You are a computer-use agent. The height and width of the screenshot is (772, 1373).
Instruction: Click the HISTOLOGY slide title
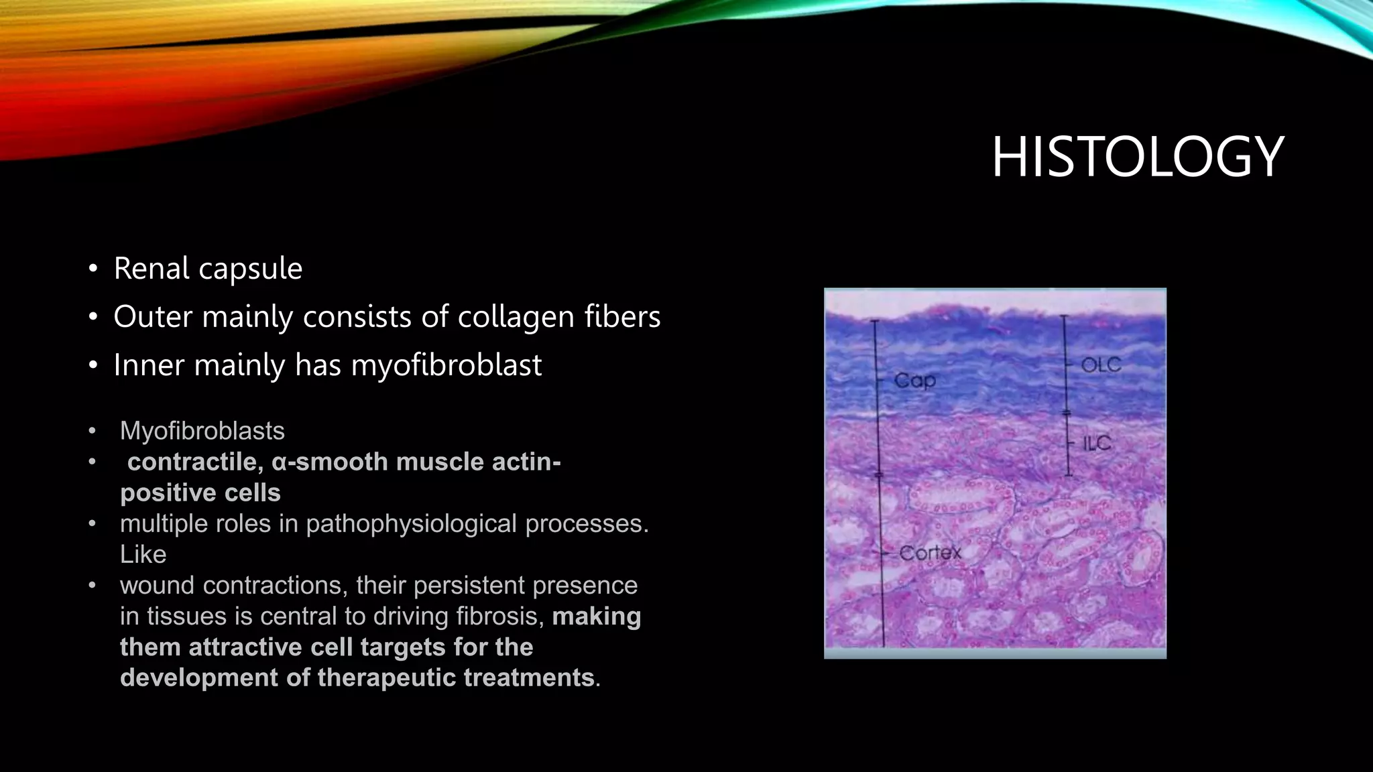(x=1137, y=157)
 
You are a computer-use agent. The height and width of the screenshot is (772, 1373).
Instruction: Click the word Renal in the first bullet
(x=152, y=269)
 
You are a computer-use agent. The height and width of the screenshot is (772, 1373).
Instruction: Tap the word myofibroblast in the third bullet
(x=446, y=365)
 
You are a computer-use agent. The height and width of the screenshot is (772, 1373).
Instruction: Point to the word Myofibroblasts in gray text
(x=202, y=431)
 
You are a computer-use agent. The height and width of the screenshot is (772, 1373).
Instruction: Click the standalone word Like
(x=143, y=554)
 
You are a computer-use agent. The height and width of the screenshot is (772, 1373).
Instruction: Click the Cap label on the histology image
(x=914, y=381)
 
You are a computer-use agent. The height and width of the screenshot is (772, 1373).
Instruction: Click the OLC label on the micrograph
(x=1101, y=365)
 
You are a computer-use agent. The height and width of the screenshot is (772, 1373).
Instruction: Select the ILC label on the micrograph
(x=1097, y=443)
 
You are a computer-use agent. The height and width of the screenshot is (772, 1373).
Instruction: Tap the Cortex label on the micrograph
(x=930, y=553)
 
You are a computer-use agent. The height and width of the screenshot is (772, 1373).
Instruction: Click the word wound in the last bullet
(x=158, y=585)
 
